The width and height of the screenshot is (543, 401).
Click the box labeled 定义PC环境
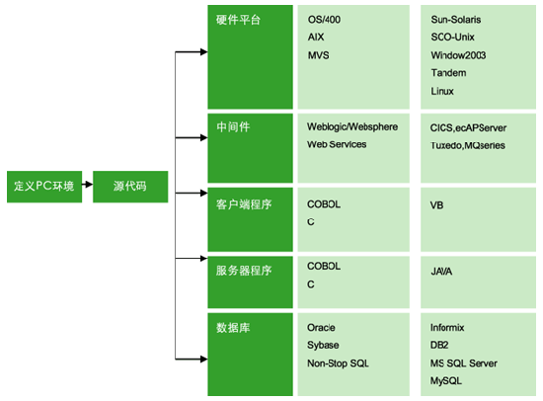(x=44, y=187)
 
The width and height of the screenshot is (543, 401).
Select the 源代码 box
(x=130, y=187)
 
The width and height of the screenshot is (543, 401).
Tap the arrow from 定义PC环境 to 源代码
(x=87, y=184)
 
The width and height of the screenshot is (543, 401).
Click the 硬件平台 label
(x=238, y=20)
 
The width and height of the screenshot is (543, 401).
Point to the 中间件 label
(x=233, y=126)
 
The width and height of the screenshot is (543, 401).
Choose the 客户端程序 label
(x=244, y=204)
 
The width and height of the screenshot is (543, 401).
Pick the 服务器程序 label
(x=244, y=271)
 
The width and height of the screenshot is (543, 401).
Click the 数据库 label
(x=233, y=328)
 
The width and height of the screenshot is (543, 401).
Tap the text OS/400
(x=324, y=20)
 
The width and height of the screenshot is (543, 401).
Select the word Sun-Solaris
(x=456, y=20)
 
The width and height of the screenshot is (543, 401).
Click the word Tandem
(x=448, y=73)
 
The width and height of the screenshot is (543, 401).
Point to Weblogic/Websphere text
(x=352, y=126)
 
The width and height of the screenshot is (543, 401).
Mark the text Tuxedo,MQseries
(x=468, y=145)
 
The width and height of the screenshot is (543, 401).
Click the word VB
(x=436, y=205)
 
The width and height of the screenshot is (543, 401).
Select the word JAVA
(x=441, y=272)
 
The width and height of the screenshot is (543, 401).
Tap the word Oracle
(x=321, y=328)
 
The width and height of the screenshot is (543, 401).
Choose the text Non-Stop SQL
(x=338, y=363)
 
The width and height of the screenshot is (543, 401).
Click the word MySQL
(x=446, y=381)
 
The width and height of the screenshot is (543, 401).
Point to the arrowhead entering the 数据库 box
(x=204, y=360)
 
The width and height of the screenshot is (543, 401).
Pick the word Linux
(x=442, y=91)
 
